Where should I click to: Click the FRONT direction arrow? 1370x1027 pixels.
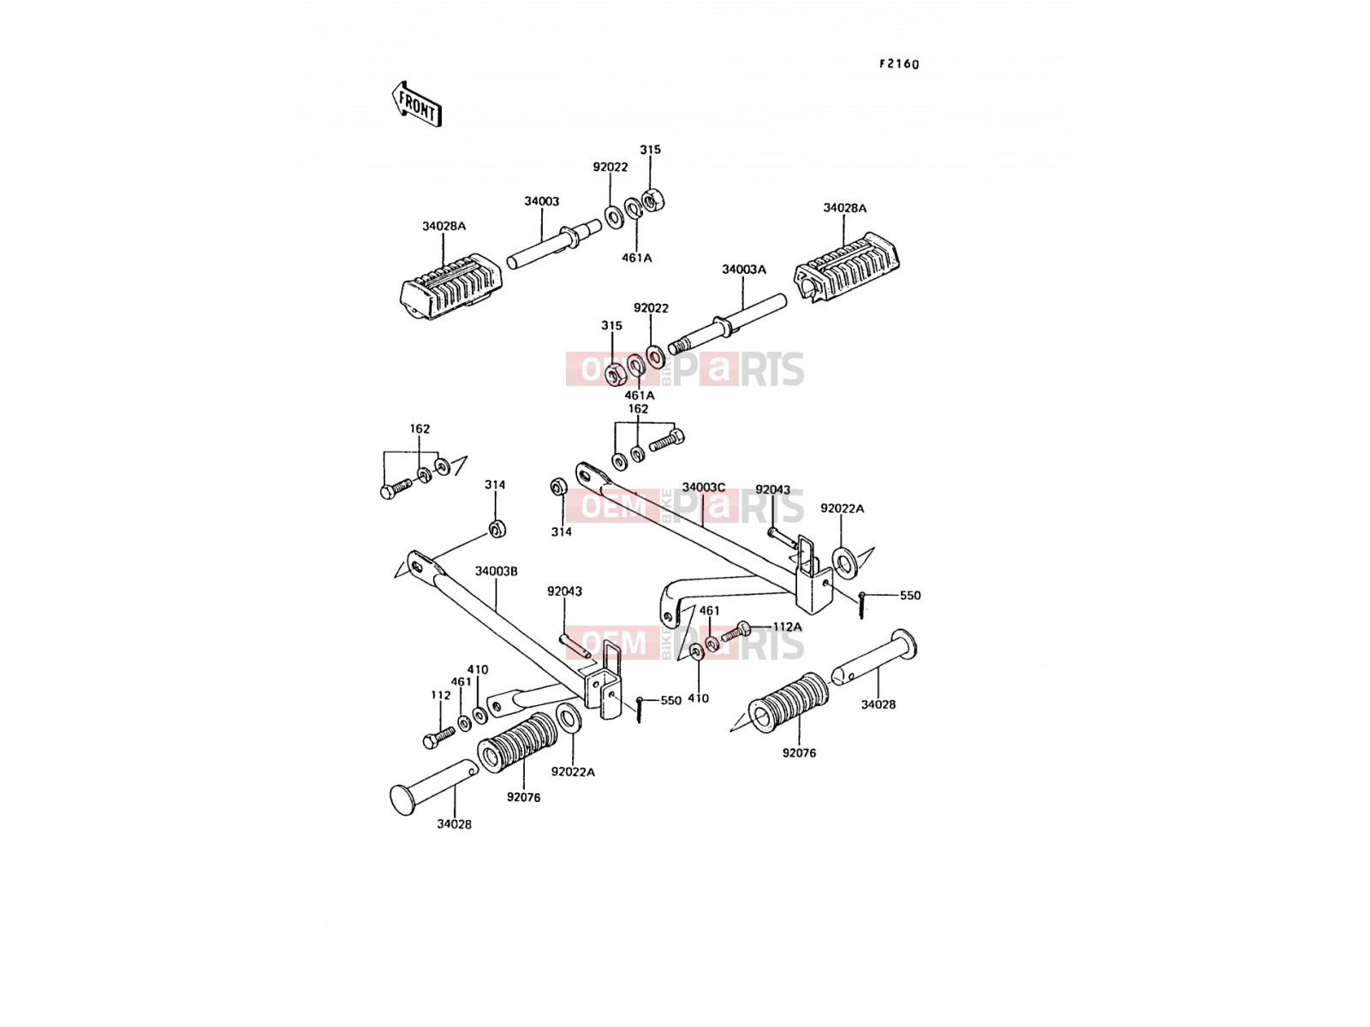[x=416, y=104]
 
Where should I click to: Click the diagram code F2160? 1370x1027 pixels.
[x=899, y=64]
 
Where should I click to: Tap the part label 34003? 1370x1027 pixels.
[x=541, y=201]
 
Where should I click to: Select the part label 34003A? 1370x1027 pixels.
[x=743, y=270]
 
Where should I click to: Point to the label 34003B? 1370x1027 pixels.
[x=496, y=571]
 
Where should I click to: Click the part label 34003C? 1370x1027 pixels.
[x=704, y=487]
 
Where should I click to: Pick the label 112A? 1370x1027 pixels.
[x=787, y=626]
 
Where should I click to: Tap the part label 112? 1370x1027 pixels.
[x=441, y=695]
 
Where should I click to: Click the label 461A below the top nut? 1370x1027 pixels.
[x=637, y=258]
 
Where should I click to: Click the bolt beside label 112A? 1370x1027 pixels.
[x=736, y=632]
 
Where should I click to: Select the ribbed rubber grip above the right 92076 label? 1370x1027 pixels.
[x=789, y=703]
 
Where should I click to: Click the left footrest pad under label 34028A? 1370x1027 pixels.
[x=450, y=286]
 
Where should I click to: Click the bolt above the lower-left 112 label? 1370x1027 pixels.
[x=439, y=736]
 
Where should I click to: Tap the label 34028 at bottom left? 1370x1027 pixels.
[x=455, y=824]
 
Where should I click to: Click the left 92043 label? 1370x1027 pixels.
[x=565, y=591]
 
